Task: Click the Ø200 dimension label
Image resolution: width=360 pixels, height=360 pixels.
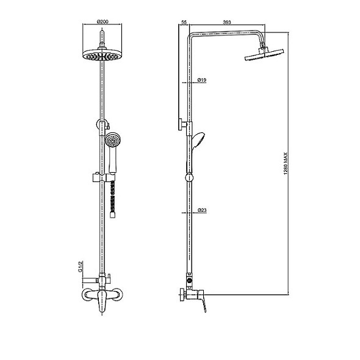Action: [103, 21]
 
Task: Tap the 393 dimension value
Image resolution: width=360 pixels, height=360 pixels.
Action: [227, 22]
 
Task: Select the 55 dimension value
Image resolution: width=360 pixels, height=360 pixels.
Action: [184, 22]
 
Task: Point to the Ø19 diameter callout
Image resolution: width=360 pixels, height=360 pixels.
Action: [202, 80]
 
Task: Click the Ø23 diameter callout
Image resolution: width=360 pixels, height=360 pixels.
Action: [202, 210]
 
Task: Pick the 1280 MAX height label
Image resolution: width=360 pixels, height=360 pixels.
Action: [286, 164]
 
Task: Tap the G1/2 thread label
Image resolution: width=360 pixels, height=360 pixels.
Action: [80, 267]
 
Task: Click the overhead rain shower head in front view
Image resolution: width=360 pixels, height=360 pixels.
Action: [103, 54]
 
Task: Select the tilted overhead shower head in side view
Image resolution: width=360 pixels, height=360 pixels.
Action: [264, 54]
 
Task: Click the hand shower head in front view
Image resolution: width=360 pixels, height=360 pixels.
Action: [112, 140]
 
